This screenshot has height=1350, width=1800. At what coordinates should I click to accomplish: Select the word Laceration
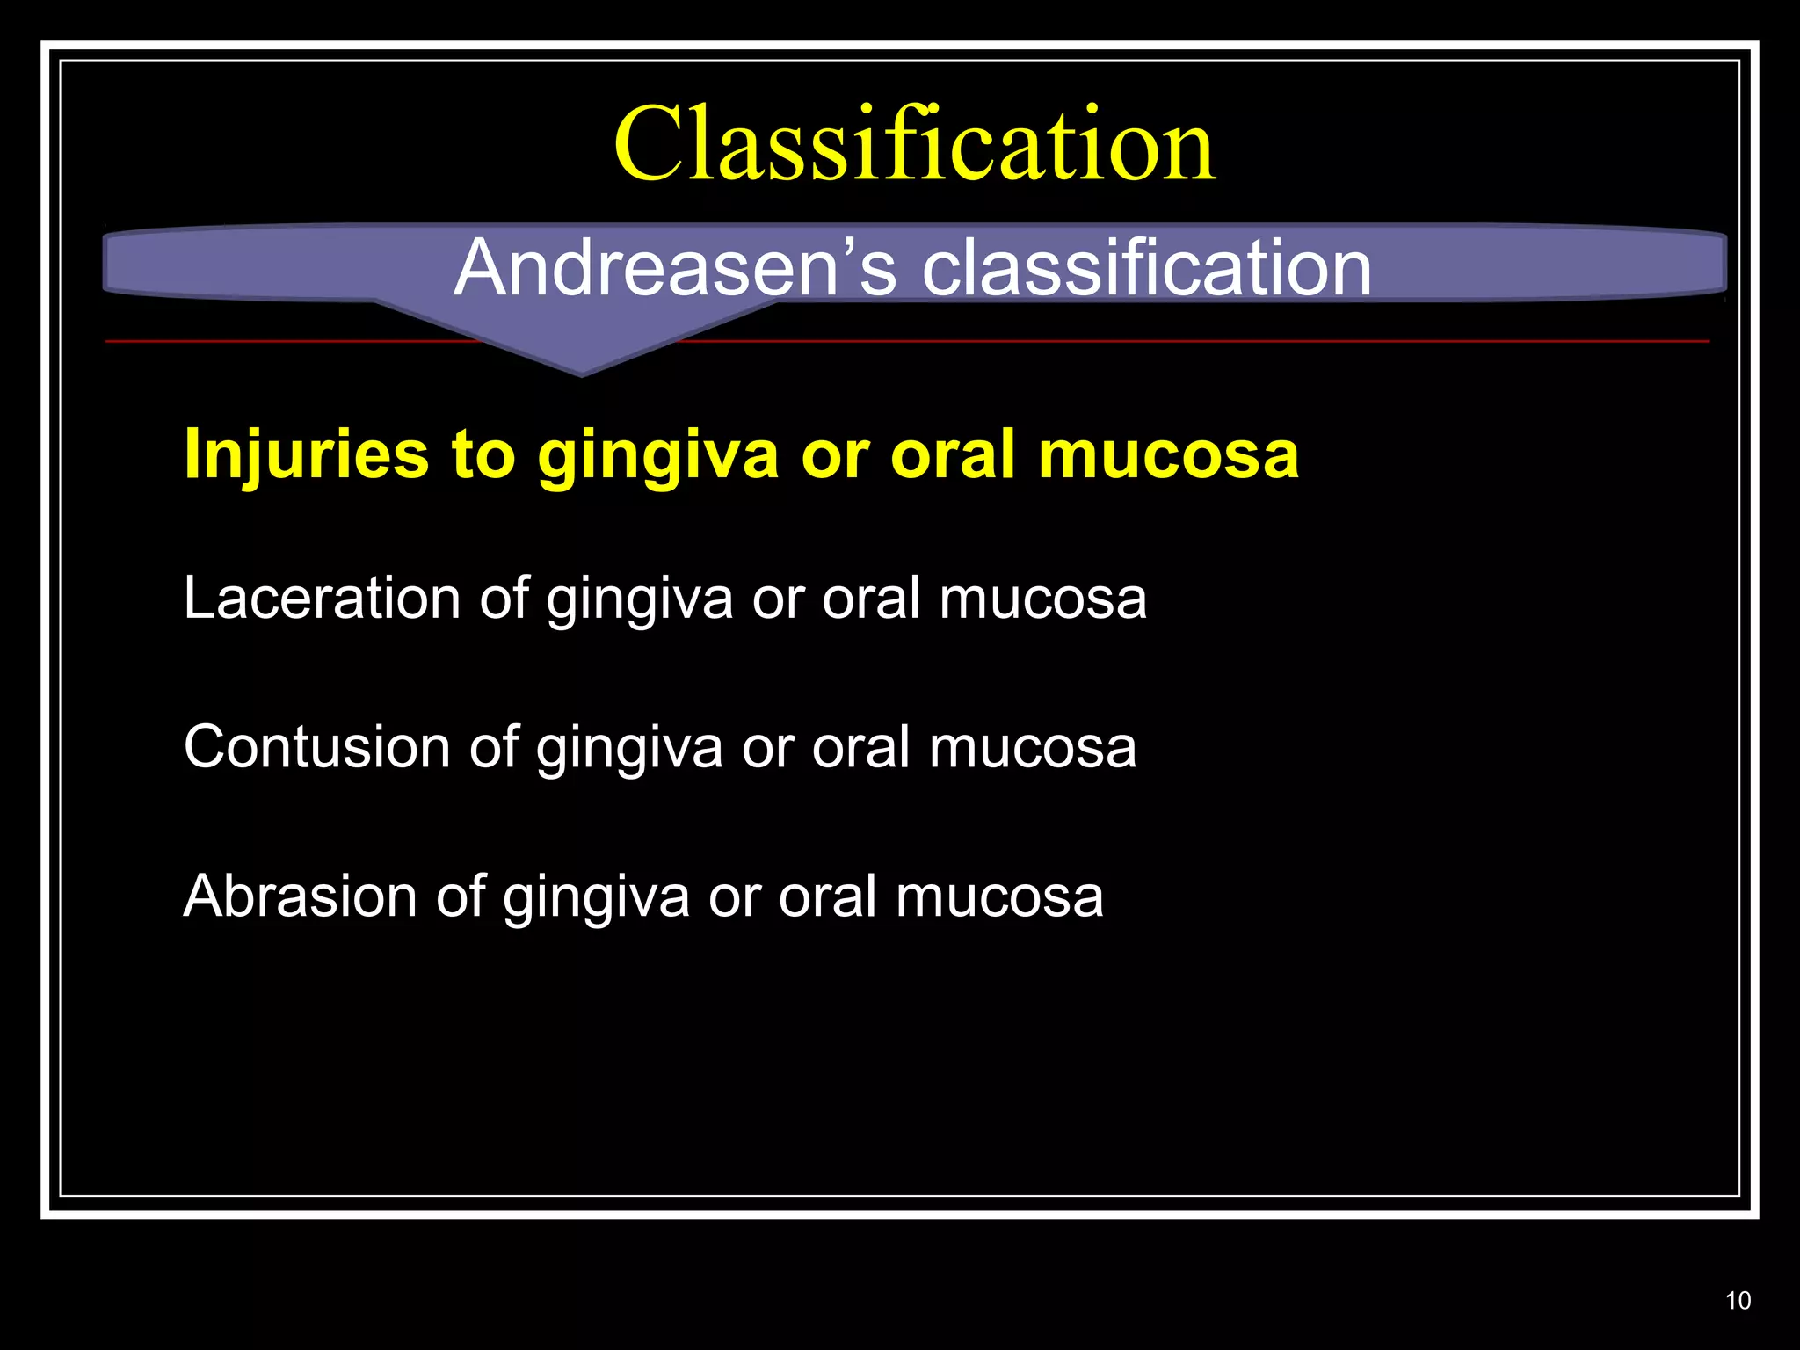322,599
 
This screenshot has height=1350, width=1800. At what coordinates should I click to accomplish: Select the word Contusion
316,748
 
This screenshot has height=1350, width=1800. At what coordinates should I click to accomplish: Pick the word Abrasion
300,897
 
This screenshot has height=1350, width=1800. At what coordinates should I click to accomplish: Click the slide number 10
1738,1301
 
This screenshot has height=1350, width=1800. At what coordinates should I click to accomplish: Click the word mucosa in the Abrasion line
999,898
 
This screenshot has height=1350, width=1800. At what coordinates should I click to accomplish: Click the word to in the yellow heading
483,455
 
